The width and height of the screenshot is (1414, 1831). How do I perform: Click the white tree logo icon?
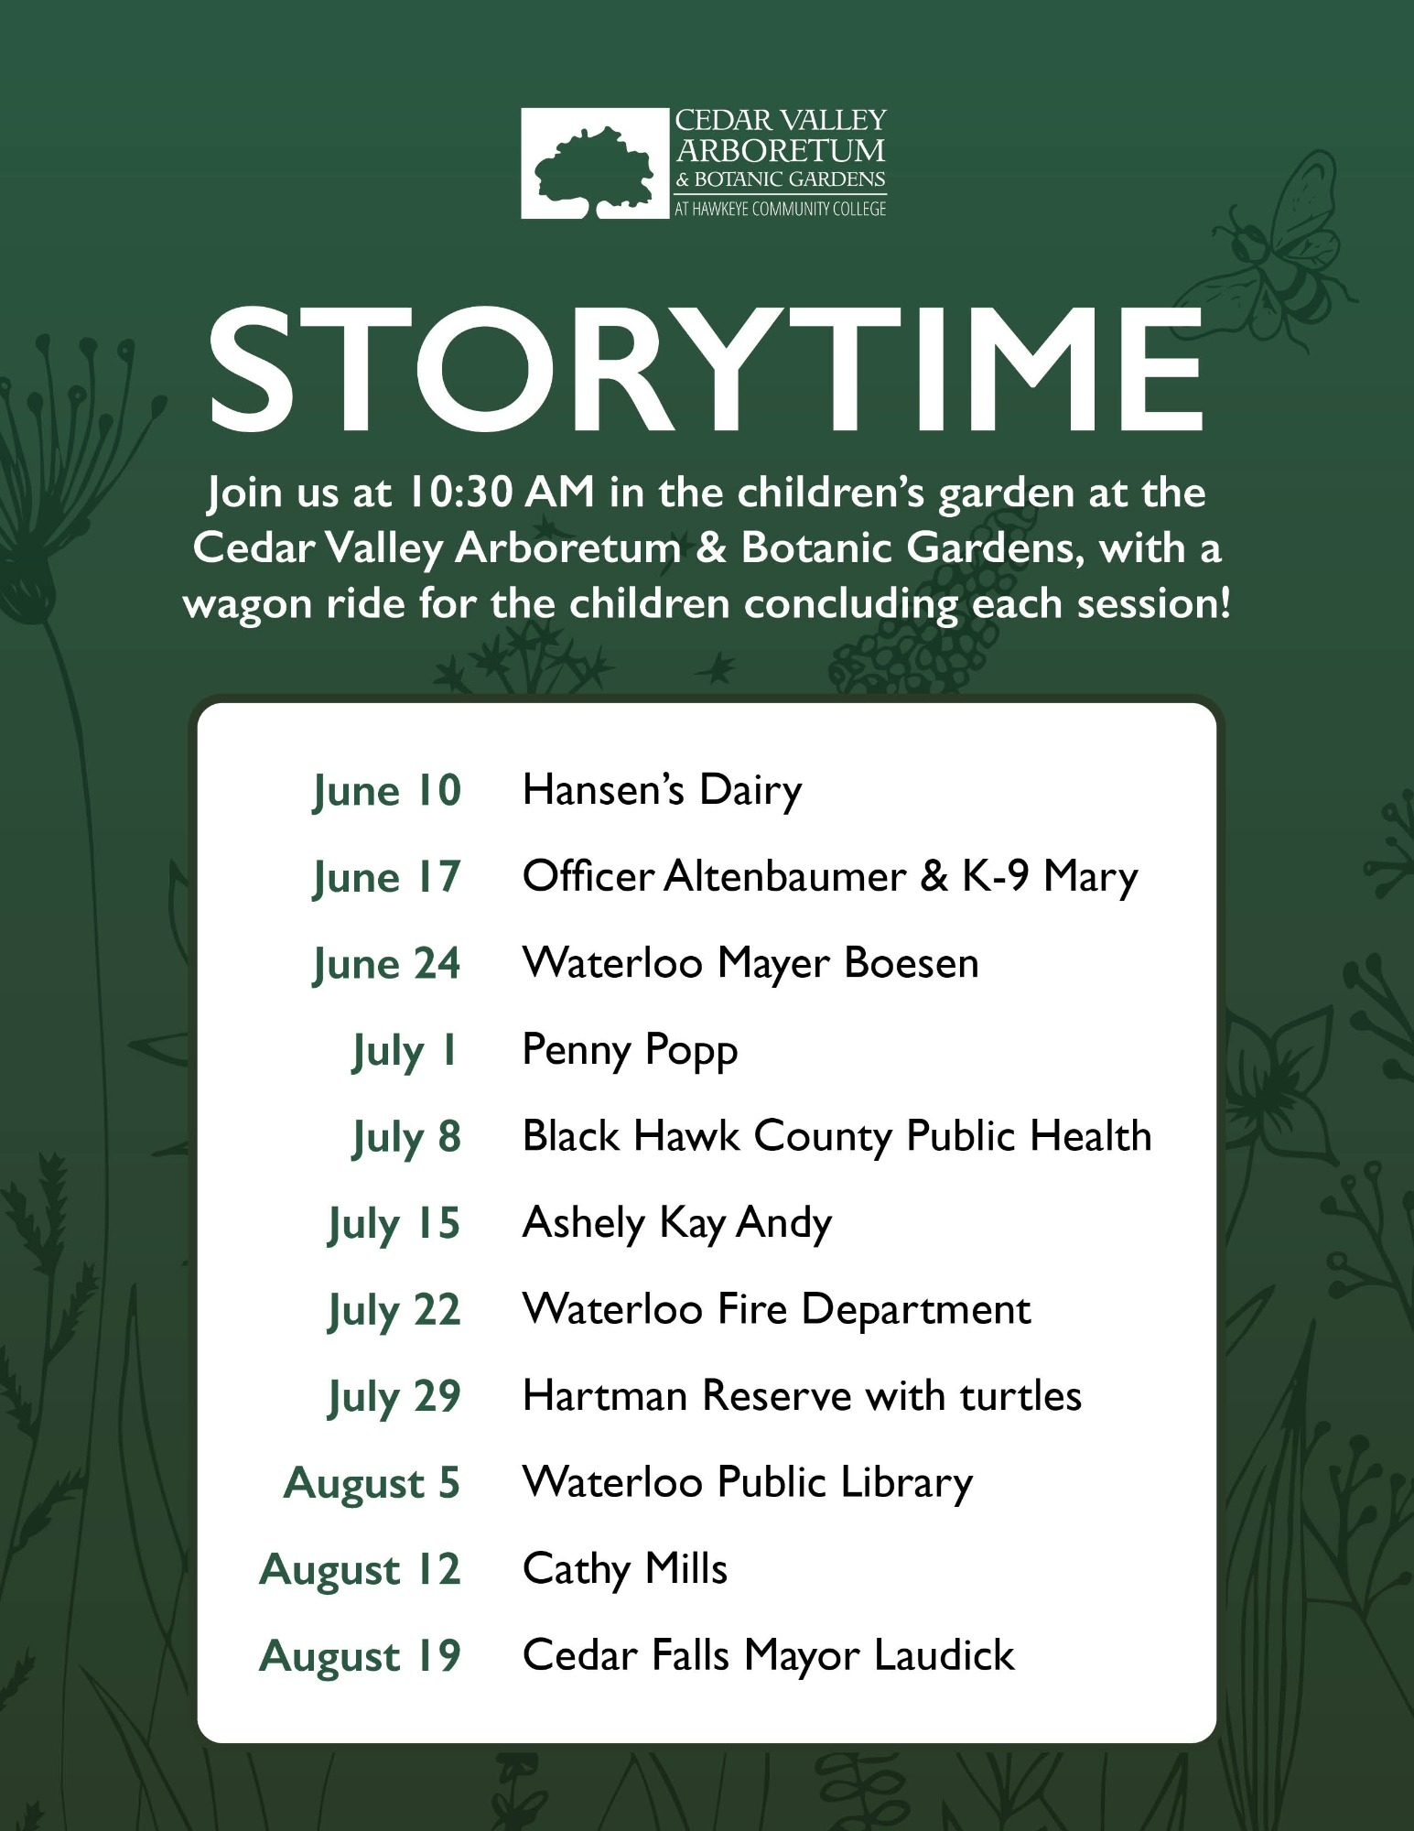point(595,164)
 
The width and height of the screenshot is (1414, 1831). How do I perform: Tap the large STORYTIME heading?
point(706,370)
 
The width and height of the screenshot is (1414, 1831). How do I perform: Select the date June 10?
point(386,791)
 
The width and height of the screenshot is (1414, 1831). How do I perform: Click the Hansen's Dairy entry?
point(662,790)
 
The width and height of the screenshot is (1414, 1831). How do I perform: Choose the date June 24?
point(386,964)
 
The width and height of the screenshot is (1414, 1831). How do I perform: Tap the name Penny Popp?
point(630,1050)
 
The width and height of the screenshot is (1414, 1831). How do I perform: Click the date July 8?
point(406,1137)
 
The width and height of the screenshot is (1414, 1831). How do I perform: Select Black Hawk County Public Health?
point(837,1136)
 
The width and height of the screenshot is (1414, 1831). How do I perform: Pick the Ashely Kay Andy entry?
point(677,1223)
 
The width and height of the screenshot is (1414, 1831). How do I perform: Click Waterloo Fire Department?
point(776,1309)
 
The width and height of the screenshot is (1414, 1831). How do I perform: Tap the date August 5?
point(372,1483)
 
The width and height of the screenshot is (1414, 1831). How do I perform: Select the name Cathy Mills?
point(625,1569)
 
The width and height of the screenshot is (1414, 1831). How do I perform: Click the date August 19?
point(360,1656)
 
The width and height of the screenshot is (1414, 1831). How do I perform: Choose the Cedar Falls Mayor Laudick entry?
point(769,1655)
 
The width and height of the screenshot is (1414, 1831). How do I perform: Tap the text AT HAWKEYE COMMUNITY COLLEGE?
point(781,209)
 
